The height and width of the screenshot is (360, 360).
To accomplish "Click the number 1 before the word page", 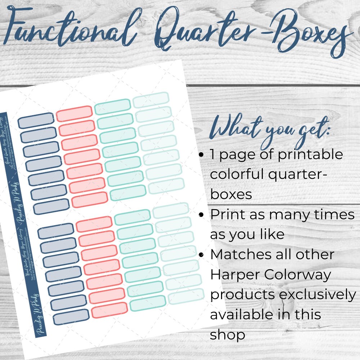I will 213,155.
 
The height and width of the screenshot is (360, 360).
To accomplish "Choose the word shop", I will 228,335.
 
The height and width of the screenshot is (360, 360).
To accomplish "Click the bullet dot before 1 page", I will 202,155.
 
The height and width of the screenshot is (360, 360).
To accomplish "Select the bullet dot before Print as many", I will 202,215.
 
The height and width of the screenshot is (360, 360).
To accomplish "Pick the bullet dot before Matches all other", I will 202,255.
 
